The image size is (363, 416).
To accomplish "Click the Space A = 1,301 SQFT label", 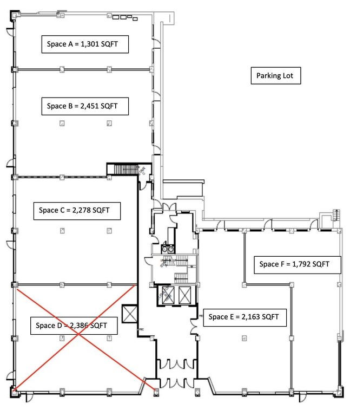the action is (85, 44).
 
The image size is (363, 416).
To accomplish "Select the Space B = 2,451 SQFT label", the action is (85, 106).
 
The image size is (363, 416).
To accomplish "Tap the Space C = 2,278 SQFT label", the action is (77, 211).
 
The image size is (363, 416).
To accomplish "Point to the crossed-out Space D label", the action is (74, 326).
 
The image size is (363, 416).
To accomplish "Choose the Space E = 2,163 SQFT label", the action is (245, 317).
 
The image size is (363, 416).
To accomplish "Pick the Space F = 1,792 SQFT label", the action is (298, 265).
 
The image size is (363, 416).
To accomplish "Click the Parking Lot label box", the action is (276, 76).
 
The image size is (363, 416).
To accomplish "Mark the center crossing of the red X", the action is (78, 334).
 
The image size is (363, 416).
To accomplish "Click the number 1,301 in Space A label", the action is (90, 44).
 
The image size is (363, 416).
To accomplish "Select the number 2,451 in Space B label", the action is (90, 106).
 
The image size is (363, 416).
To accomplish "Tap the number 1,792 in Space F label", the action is (301, 264).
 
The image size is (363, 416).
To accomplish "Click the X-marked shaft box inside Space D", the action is (130, 314).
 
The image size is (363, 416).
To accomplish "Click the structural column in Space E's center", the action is (245, 338).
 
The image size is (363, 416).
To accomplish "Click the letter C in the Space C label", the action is (62, 210).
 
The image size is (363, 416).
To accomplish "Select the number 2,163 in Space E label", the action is (250, 317).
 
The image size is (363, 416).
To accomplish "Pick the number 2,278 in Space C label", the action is (82, 210).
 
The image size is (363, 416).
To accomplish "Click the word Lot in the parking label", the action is (288, 76).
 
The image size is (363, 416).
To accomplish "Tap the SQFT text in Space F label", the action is (321, 264).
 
